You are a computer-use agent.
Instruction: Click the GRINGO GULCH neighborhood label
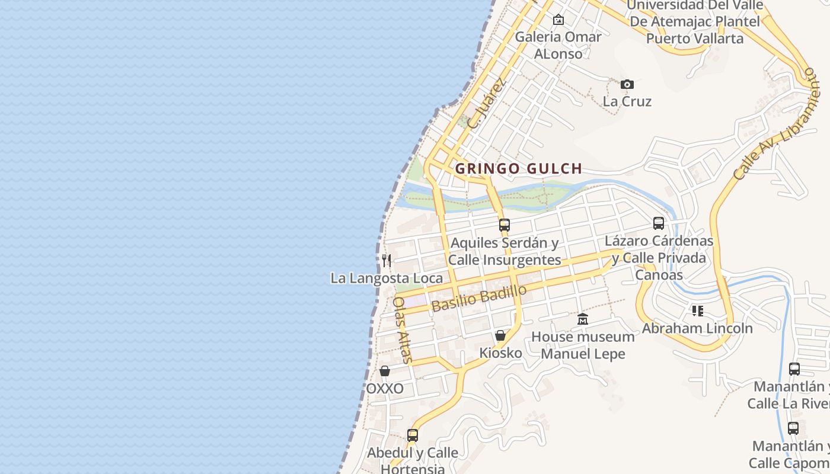pos(519,169)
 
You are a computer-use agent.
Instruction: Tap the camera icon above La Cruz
pos(627,85)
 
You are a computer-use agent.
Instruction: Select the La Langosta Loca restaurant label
pos(387,278)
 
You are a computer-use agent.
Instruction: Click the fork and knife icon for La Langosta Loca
pos(387,260)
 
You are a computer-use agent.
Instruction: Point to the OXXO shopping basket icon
pos(385,371)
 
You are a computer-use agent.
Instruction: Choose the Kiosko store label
pos(500,353)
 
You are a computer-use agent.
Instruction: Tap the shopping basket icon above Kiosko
pos(500,335)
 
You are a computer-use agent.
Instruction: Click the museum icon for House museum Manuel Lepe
pos(583,319)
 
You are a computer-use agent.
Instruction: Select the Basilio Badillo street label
pos(479,298)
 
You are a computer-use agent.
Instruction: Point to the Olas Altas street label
pos(403,329)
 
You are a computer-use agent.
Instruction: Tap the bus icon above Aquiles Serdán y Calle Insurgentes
pos(505,225)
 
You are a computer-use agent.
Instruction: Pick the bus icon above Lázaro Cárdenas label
pos(659,223)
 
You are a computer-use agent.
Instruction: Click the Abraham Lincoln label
pos(697,328)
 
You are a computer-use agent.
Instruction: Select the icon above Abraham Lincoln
pos(697,310)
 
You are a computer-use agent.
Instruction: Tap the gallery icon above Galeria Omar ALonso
pos(558,20)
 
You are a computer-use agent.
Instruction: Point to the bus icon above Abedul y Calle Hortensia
pos(413,435)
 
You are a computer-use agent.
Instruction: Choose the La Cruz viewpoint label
pos(627,101)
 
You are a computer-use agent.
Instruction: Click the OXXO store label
pos(385,389)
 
